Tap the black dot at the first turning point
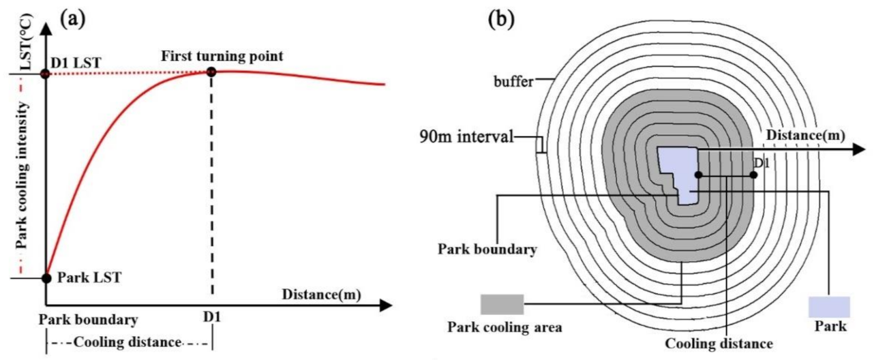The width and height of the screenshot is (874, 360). (212, 72)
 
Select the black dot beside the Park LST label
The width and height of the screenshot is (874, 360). (46, 278)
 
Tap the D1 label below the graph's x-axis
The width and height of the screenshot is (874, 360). (213, 318)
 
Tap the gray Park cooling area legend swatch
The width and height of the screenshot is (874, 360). (502, 305)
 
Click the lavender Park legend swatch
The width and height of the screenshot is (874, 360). (829, 307)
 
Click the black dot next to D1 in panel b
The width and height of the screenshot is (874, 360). (753, 175)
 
